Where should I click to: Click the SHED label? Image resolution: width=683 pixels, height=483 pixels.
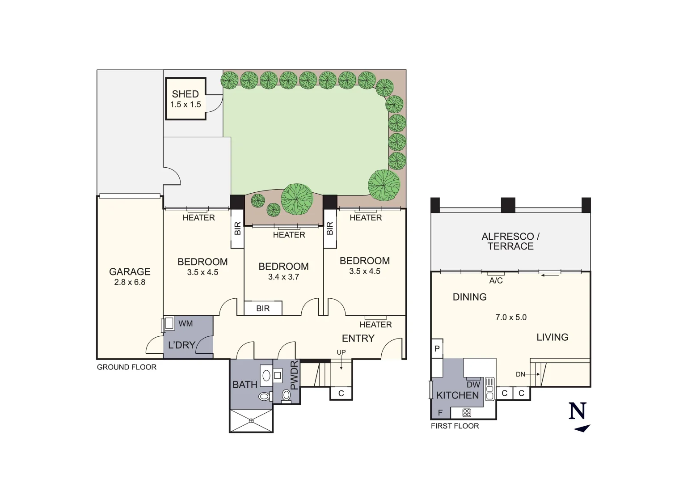click(x=185, y=94)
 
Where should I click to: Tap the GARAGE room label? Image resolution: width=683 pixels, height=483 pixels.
click(x=130, y=271)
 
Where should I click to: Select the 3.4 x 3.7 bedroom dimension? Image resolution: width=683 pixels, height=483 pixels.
click(x=283, y=277)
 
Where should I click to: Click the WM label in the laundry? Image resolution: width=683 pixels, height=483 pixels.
click(x=186, y=323)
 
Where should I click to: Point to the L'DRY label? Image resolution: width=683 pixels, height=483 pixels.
click(x=181, y=345)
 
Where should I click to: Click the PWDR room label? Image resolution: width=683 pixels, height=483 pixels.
click(x=294, y=375)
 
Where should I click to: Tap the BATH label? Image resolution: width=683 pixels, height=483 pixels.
click(x=245, y=385)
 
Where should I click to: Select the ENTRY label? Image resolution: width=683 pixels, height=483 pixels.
click(x=358, y=338)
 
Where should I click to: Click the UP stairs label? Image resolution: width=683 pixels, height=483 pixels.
click(x=341, y=352)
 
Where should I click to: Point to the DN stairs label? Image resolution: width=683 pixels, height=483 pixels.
click(x=520, y=374)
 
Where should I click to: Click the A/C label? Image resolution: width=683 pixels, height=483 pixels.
click(x=496, y=280)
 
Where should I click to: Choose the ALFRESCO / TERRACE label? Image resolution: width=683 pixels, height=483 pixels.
click(x=510, y=241)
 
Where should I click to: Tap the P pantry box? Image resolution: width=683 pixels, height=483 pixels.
click(x=437, y=349)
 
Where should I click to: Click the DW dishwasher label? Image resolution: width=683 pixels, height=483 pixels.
click(x=473, y=385)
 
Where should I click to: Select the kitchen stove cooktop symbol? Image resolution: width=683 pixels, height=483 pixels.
click(x=467, y=412)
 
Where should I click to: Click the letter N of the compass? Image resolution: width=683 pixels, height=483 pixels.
click(x=577, y=411)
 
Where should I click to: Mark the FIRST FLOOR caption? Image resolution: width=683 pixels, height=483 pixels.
click(x=455, y=426)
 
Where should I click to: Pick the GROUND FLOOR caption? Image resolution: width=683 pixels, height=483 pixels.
click(x=126, y=367)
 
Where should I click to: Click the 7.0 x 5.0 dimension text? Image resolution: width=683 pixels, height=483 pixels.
click(x=511, y=317)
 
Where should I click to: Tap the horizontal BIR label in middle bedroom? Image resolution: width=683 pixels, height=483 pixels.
click(x=263, y=309)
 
